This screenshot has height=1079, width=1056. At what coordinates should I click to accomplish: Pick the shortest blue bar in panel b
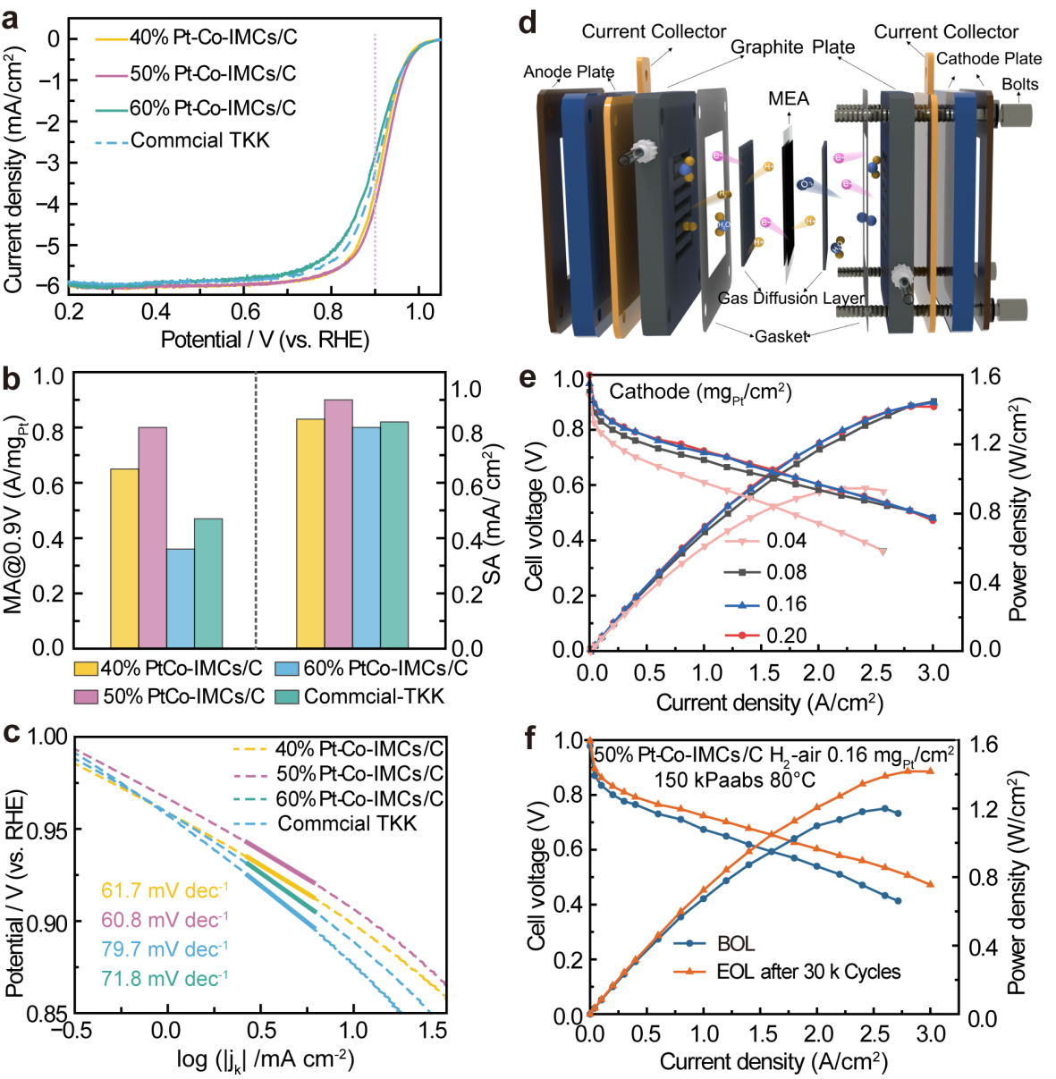tap(181, 598)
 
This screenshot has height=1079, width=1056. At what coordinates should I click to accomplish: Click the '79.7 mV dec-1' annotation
tap(165, 948)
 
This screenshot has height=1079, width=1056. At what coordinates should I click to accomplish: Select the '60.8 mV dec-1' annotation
tap(165, 919)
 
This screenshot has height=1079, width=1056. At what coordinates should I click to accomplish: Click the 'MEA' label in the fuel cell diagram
tap(789, 98)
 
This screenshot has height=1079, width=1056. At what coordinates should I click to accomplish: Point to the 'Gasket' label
tap(781, 336)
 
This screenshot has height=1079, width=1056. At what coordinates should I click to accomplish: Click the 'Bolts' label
tap(1020, 84)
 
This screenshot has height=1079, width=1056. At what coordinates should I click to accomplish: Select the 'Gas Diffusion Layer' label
tap(791, 299)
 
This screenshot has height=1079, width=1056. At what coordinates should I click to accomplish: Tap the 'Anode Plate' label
tap(569, 72)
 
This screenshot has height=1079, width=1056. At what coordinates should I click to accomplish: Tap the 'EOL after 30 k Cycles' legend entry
tap(787, 972)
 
